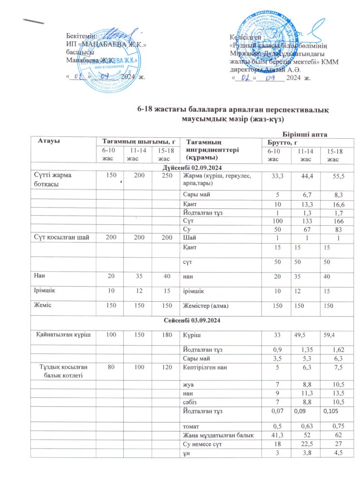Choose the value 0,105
point(331,410)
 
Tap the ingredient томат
point(190,427)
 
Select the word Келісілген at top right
point(246,37)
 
